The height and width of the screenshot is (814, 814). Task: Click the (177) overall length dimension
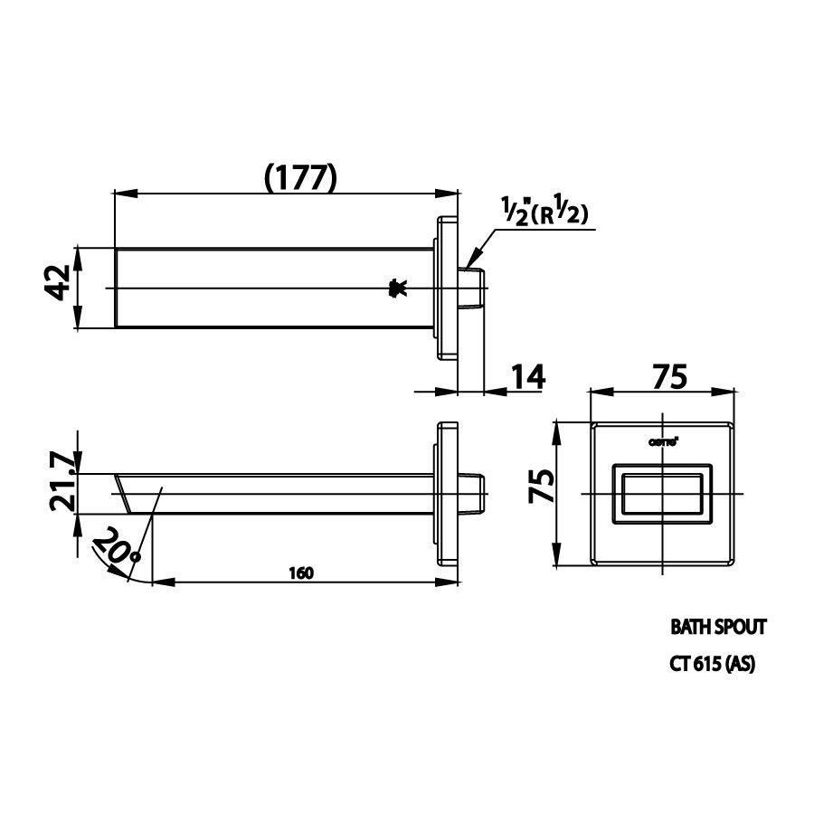[300, 177]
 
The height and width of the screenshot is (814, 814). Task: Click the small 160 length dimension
[301, 572]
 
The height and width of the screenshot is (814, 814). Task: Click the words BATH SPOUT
[718, 626]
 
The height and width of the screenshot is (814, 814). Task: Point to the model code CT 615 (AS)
[712, 663]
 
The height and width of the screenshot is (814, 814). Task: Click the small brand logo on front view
[665, 441]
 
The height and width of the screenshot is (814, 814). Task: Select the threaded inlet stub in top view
[473, 288]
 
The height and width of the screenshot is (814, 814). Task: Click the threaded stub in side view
[475, 493]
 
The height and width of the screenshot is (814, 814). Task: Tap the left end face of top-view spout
[118, 288]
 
